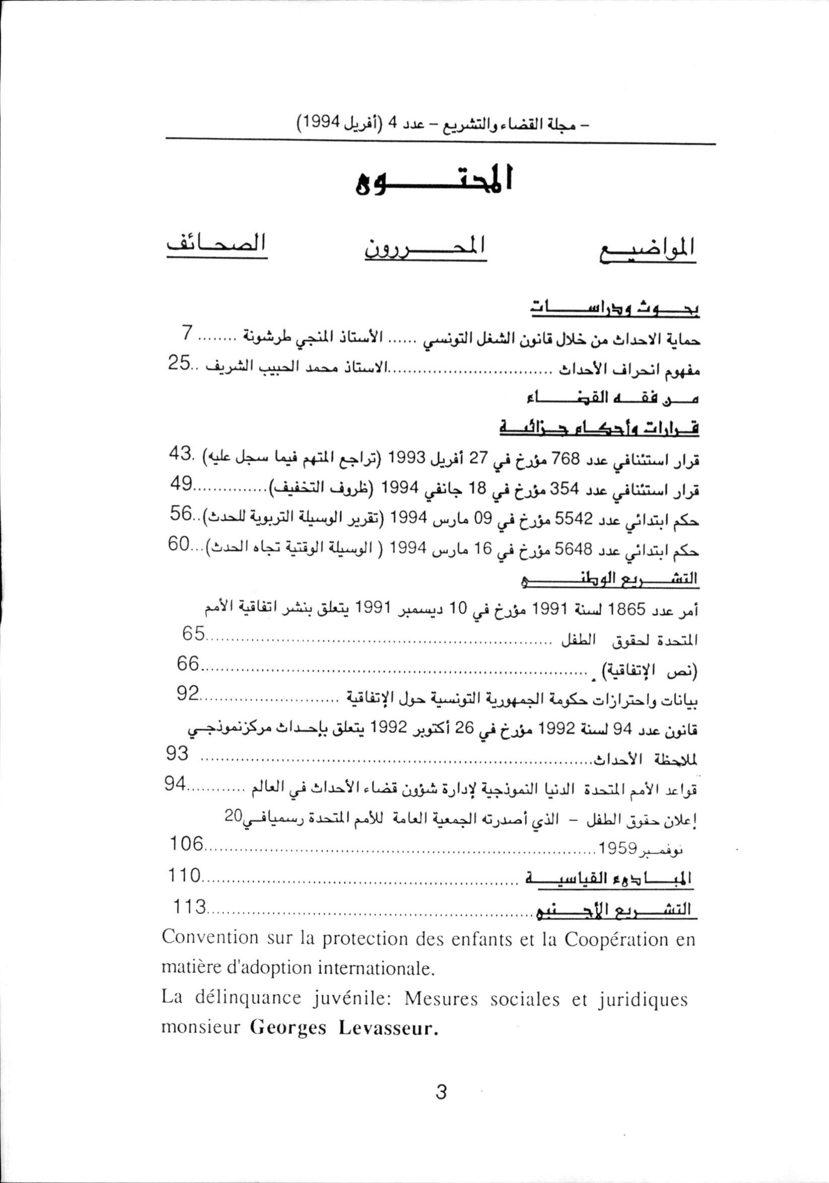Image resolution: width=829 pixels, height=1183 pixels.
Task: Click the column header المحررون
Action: click(426, 247)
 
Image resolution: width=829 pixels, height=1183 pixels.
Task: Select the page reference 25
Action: click(177, 363)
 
